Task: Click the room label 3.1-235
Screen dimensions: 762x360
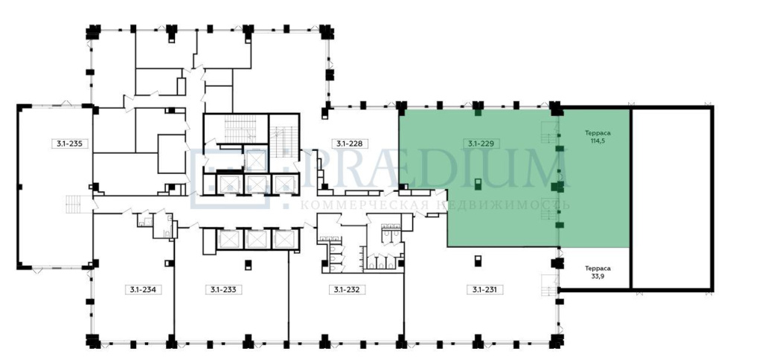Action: pyautogui.click(x=71, y=144)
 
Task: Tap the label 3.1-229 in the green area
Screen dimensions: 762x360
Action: pyautogui.click(x=481, y=144)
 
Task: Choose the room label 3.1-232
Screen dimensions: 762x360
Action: pyautogui.click(x=347, y=289)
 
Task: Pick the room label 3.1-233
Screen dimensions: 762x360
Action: pyautogui.click(x=223, y=289)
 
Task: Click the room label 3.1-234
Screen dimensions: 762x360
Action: pyautogui.click(x=143, y=289)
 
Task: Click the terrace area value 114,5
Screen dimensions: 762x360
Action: pyautogui.click(x=598, y=141)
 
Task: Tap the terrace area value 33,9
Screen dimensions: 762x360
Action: pyautogui.click(x=598, y=276)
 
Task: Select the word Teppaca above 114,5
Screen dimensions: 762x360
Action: pyautogui.click(x=598, y=133)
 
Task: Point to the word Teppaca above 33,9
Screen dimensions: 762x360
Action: pyautogui.click(x=598, y=269)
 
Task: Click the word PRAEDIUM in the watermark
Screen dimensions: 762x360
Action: pyautogui.click(x=435, y=170)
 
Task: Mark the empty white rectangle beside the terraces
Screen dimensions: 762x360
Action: pyautogui.click(x=672, y=199)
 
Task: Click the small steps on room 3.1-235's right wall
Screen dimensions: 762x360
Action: pyautogui.click(x=73, y=204)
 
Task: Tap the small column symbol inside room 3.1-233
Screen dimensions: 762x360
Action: pyautogui.click(x=249, y=265)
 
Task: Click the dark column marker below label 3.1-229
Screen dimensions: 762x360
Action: pyautogui.click(x=478, y=184)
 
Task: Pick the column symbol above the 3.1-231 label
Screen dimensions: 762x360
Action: pyautogui.click(x=478, y=260)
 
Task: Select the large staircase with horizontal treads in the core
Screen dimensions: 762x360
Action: pyautogui.click(x=240, y=129)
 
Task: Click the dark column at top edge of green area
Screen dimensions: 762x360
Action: pyautogui.click(x=478, y=113)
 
